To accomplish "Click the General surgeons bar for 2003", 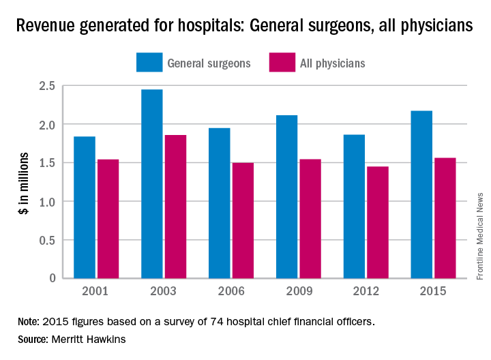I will [x=151, y=184].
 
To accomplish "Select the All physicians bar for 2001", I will [x=108, y=219].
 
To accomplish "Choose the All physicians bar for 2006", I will [x=243, y=220].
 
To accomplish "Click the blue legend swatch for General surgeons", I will [x=148, y=63].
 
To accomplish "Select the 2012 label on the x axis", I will [x=355, y=292].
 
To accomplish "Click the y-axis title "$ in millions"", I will [x=23, y=182].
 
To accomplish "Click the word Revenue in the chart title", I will [x=46, y=27].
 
